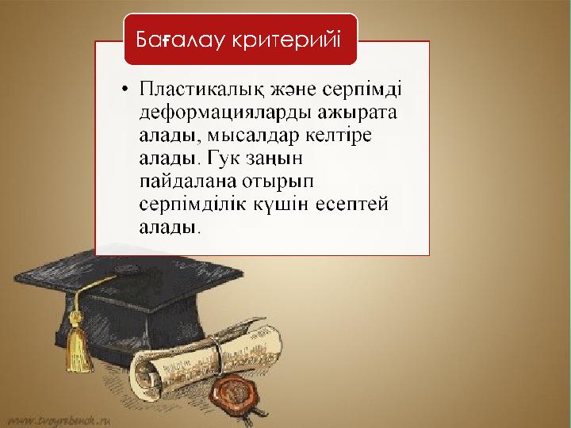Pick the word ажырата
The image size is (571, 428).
click(357, 113)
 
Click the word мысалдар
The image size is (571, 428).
click(253, 136)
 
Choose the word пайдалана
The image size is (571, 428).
click(188, 182)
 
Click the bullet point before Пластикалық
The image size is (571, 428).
click(125, 89)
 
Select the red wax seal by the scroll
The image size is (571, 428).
click(234, 393)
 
